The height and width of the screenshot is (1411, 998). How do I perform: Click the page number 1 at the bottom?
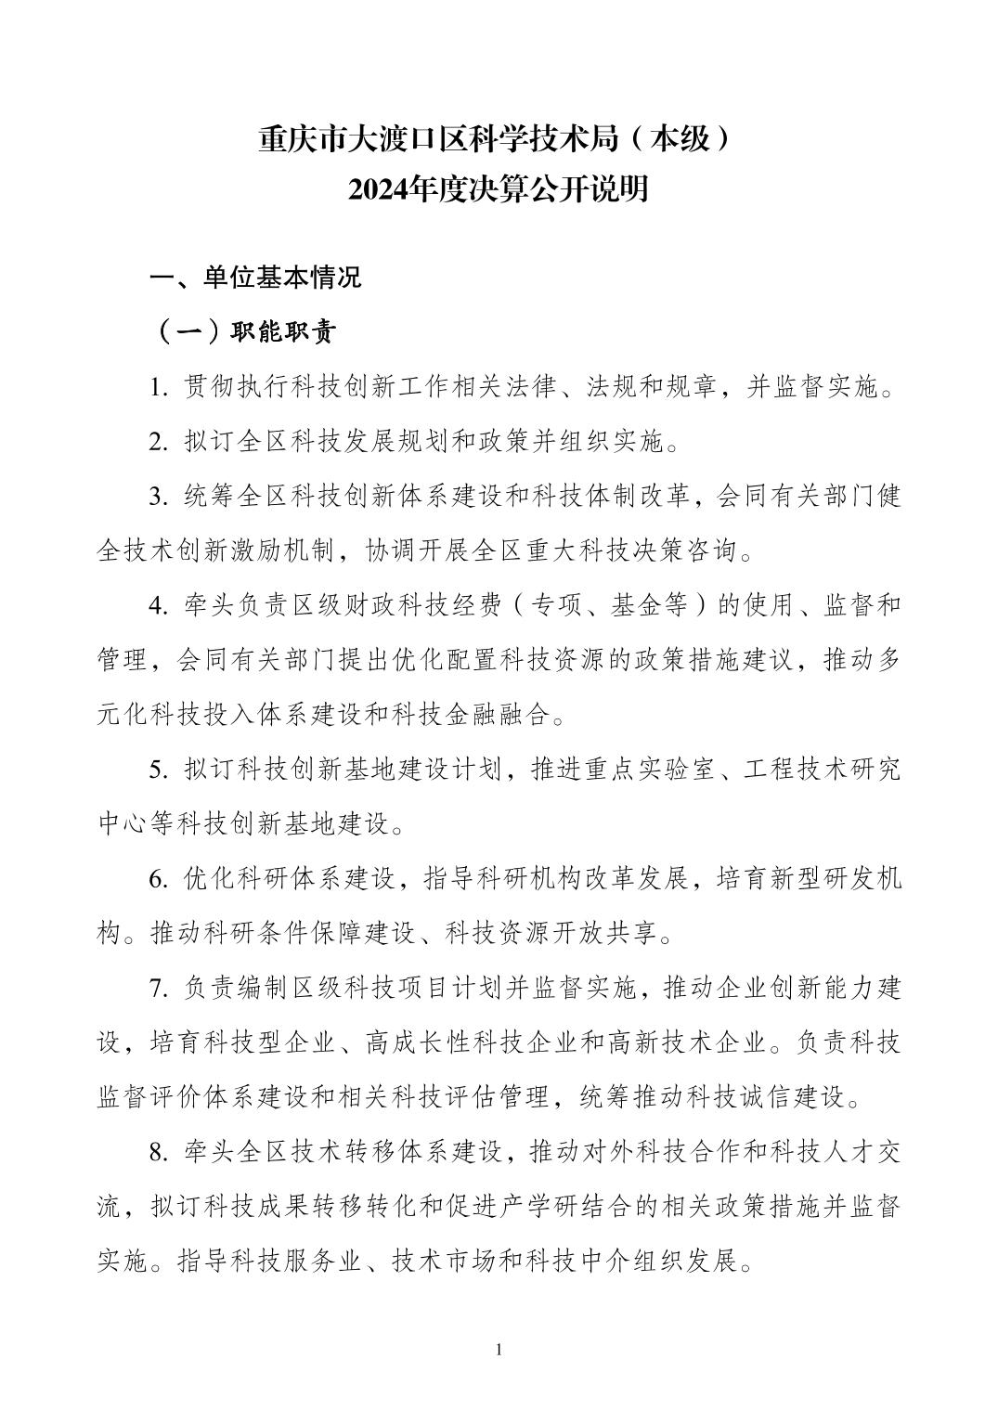pyautogui.click(x=499, y=1349)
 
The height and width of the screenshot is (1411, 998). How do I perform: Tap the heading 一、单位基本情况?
pyautogui.click(x=256, y=278)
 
